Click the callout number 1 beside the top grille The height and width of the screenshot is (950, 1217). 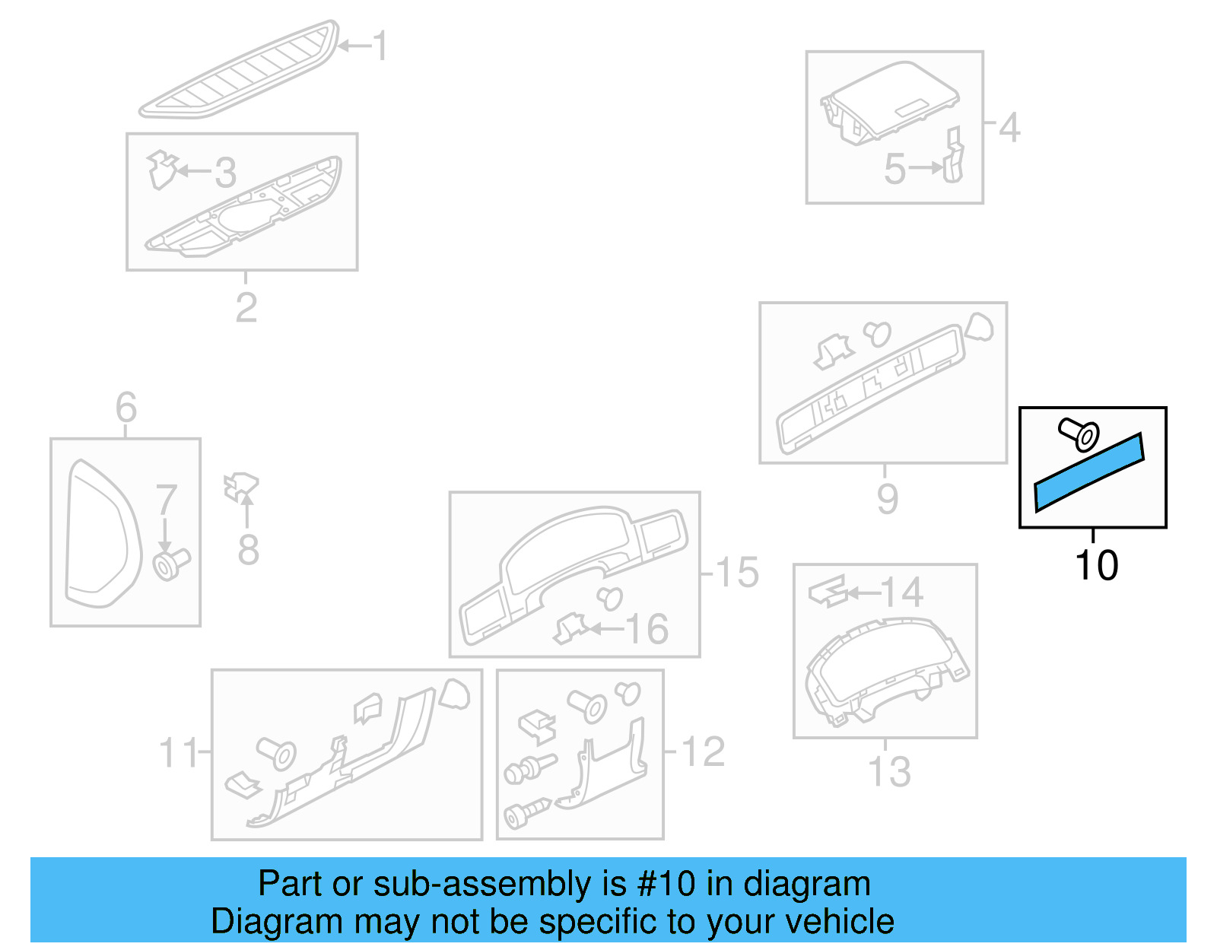tap(380, 46)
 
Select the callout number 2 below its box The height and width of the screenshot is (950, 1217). tap(246, 307)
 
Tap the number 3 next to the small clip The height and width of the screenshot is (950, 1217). tap(224, 173)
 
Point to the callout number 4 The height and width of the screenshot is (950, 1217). tap(1009, 128)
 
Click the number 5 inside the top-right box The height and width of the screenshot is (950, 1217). tap(894, 169)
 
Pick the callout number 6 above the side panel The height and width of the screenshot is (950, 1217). tap(126, 408)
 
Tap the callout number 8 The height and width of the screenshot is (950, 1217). tap(248, 550)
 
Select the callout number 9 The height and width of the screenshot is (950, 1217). tap(887, 498)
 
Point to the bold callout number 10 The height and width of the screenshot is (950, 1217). tap(1096, 566)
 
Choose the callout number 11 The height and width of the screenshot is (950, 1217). tap(178, 753)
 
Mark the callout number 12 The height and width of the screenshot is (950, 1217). tap(704, 751)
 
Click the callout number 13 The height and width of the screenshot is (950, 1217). tap(889, 771)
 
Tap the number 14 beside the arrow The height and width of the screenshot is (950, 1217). tap(901, 593)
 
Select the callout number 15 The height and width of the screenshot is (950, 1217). tap(737, 572)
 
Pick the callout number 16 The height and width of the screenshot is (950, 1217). tap(647, 629)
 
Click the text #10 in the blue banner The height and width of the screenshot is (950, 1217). tap(666, 884)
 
